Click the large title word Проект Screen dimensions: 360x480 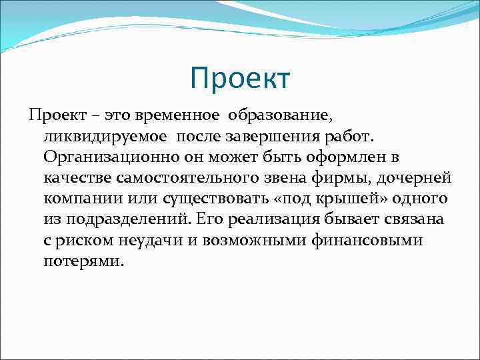[x=240, y=79]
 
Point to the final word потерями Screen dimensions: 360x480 [x=83, y=261]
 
